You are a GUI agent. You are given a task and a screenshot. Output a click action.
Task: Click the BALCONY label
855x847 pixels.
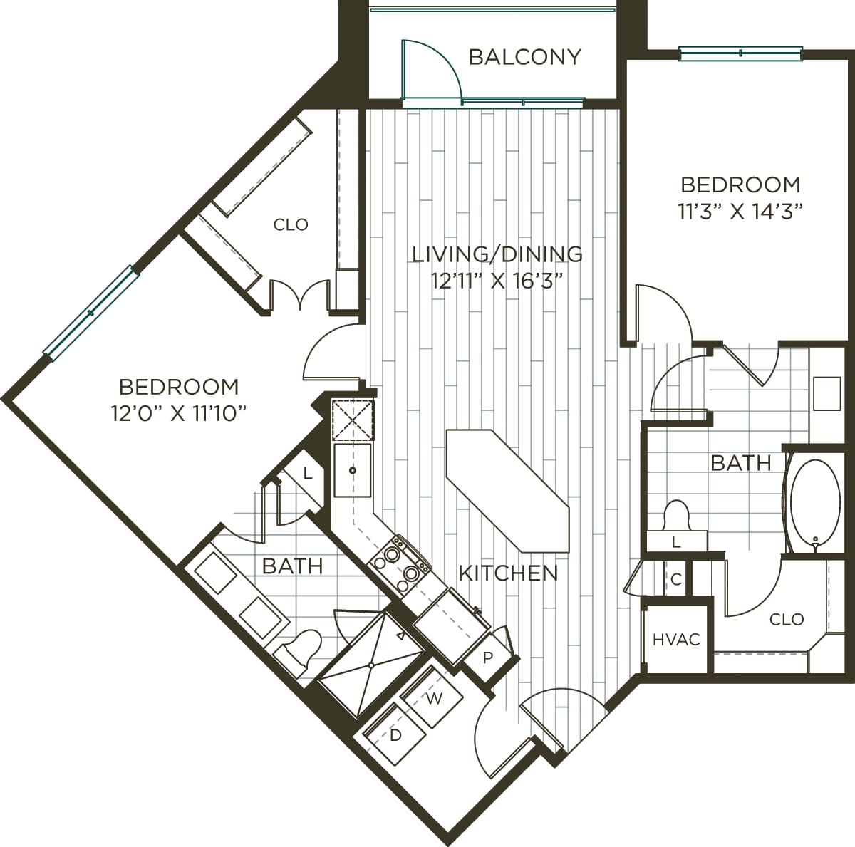(524, 57)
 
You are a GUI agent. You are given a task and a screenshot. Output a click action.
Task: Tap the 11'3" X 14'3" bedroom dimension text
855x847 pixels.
(740, 212)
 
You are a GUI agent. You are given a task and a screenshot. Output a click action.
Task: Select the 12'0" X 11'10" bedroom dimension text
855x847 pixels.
(179, 413)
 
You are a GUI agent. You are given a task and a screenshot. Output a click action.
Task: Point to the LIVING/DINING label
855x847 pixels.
(497, 254)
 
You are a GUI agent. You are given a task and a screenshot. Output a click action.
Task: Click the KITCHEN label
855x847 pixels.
(507, 573)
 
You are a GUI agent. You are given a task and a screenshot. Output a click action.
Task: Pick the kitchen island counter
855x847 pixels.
(507, 491)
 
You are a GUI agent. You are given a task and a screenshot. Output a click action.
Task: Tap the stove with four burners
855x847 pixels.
(399, 565)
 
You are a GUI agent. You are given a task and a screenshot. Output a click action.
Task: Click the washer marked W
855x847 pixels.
(433, 698)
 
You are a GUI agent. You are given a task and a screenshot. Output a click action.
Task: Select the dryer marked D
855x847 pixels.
(395, 734)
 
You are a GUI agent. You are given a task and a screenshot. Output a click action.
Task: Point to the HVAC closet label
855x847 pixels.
(676, 640)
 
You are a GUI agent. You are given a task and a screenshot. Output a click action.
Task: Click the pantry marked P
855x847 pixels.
(487, 658)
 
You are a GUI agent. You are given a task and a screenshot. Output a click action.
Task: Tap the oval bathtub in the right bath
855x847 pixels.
(814, 505)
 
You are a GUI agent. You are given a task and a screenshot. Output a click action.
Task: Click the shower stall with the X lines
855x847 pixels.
(370, 664)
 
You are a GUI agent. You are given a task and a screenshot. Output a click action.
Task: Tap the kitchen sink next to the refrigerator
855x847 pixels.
(353, 470)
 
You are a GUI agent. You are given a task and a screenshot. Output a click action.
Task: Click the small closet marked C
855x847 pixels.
(676, 580)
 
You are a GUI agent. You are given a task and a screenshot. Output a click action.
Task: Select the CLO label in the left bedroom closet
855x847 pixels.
(291, 225)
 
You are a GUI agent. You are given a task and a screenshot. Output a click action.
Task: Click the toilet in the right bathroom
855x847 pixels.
(675, 516)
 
